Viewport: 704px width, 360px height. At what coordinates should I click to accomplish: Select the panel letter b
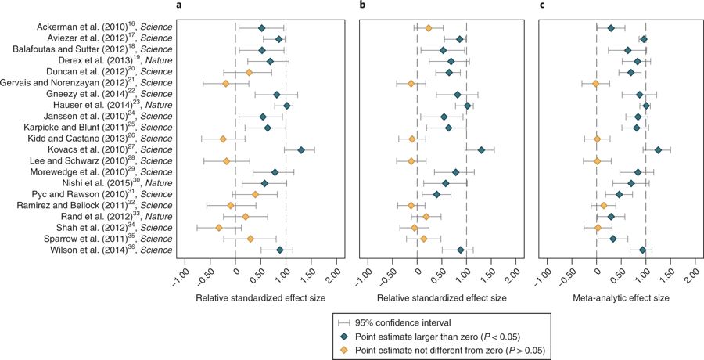click(x=361, y=6)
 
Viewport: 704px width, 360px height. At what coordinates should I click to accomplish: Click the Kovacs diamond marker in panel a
click(x=300, y=149)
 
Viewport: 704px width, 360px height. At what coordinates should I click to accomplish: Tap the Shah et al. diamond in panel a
click(x=219, y=228)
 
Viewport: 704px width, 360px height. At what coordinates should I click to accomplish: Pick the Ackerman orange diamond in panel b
click(x=429, y=28)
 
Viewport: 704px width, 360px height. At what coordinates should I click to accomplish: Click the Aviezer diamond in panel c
click(x=644, y=39)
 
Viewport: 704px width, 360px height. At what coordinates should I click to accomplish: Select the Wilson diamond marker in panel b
click(x=461, y=250)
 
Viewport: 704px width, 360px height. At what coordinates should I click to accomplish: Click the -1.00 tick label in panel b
click(x=364, y=278)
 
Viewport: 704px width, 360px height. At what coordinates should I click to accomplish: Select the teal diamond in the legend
click(x=343, y=336)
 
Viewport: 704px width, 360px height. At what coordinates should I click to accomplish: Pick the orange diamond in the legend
click(x=343, y=349)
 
